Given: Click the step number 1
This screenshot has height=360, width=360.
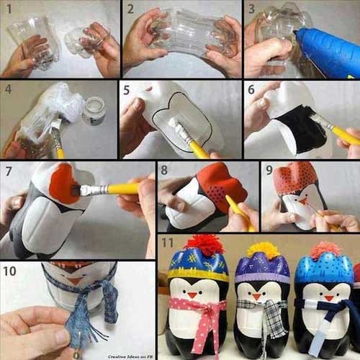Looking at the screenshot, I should coord(8,9).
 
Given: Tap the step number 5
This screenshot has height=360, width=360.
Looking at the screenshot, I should coord(127,89).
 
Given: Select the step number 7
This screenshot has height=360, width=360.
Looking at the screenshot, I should coord(8,171).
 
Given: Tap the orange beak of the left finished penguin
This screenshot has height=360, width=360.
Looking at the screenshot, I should coord(193,294).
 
